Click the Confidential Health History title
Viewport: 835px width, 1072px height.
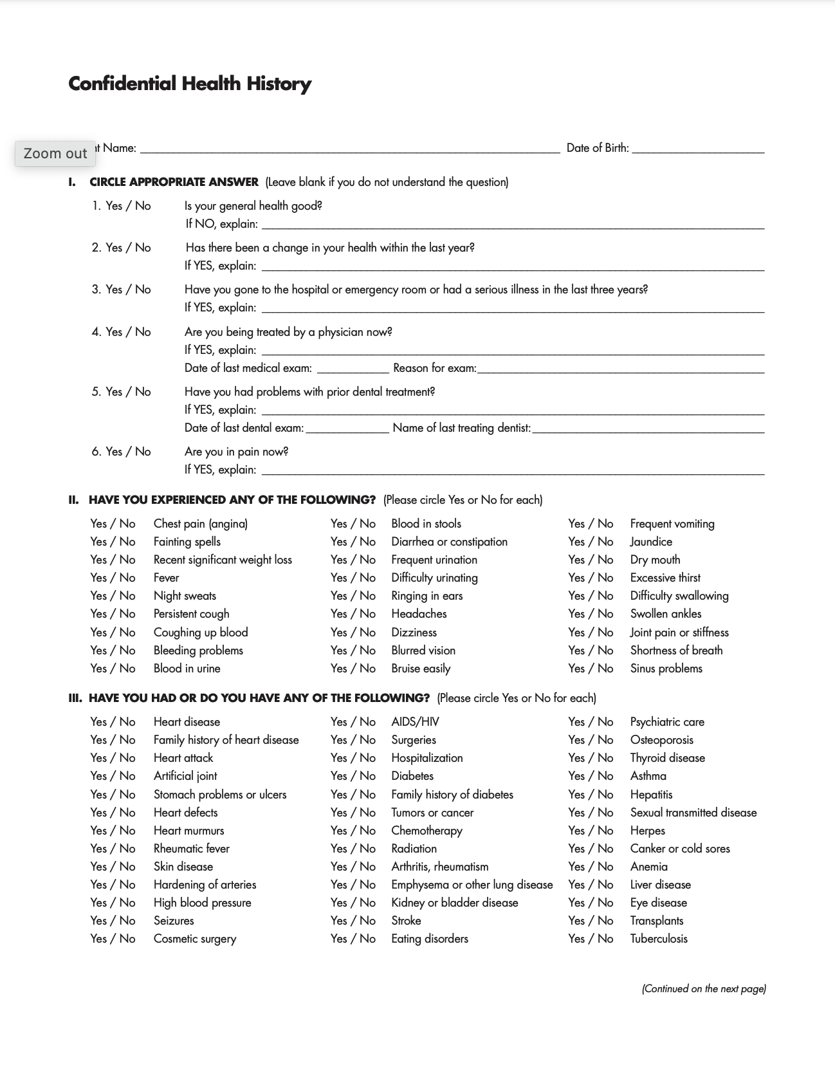tap(190, 84)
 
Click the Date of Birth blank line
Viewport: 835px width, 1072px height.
tap(698, 149)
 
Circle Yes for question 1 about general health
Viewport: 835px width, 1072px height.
tap(114, 206)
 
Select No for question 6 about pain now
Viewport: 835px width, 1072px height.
tap(143, 452)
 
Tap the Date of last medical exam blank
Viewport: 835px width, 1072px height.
tap(353, 369)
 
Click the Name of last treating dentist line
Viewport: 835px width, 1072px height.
tap(648, 429)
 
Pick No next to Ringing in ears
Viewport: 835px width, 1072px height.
tap(367, 596)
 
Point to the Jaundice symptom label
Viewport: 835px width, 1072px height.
tap(651, 542)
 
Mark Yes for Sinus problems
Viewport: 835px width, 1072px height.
tap(576, 669)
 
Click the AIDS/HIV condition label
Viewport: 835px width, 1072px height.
tap(415, 722)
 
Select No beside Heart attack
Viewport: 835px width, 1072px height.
tap(127, 758)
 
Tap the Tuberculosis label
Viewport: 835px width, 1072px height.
tap(659, 939)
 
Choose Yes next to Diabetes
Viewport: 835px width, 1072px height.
tap(339, 776)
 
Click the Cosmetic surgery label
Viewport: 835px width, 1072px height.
tap(195, 939)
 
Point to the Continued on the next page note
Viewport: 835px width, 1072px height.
tap(704, 989)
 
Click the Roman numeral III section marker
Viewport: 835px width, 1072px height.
tap(75, 698)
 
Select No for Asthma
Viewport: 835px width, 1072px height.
tap(605, 776)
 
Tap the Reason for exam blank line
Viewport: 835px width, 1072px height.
tap(621, 369)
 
